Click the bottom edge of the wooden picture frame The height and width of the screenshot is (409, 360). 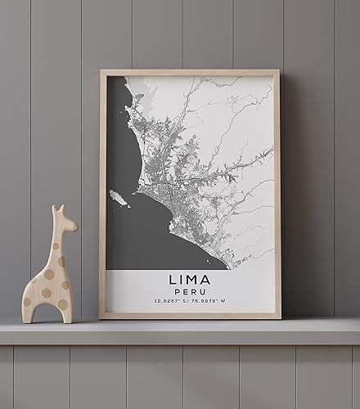click(189, 316)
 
